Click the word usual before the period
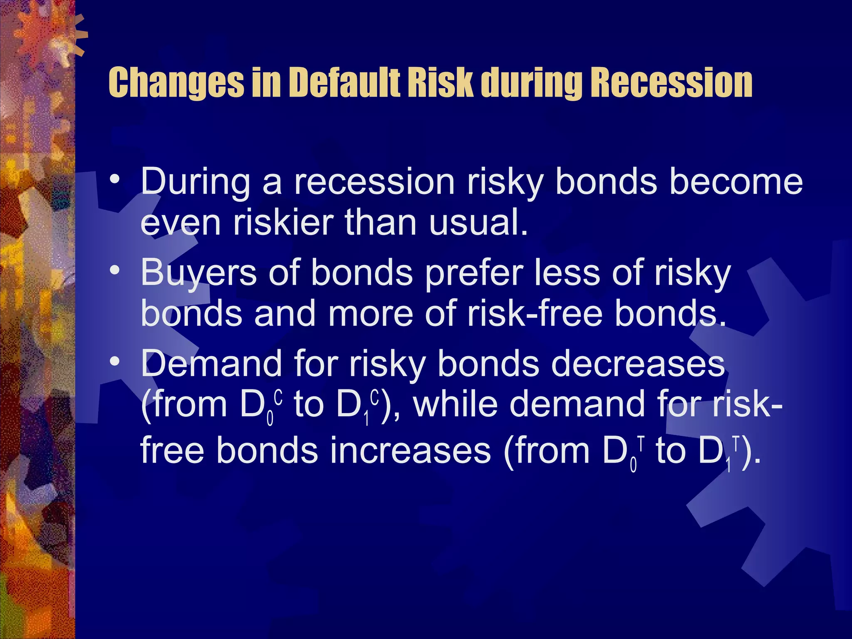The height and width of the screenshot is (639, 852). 474,223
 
